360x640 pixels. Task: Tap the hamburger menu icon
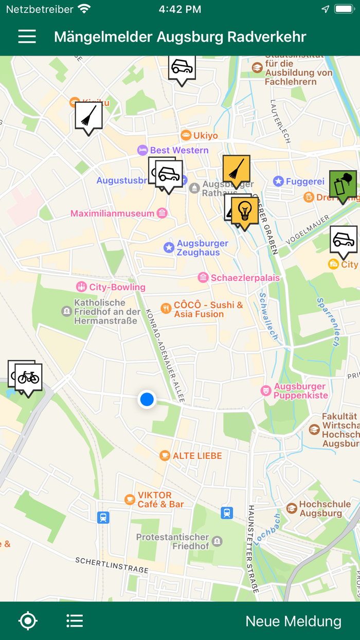pyautogui.click(x=27, y=37)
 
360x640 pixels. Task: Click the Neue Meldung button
pyautogui.click(x=293, y=621)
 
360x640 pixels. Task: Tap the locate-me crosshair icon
pyautogui.click(x=28, y=621)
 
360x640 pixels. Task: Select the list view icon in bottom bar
pyautogui.click(x=75, y=621)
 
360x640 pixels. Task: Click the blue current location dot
pyautogui.click(x=147, y=399)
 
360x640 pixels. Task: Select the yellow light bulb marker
pyautogui.click(x=245, y=211)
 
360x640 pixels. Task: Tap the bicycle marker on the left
pyautogui.click(x=28, y=378)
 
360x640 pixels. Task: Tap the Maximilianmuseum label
pyautogui.click(x=112, y=214)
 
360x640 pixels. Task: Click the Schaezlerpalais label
pyautogui.click(x=245, y=278)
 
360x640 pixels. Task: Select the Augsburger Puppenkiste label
pyautogui.click(x=300, y=391)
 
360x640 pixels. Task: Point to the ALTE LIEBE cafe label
pyautogui.click(x=197, y=456)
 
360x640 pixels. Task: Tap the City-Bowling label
pyautogui.click(x=117, y=287)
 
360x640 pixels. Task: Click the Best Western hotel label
pyautogui.click(x=179, y=150)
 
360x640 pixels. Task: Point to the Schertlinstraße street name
pyautogui.click(x=112, y=564)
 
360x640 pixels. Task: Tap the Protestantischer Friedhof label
pyautogui.click(x=172, y=541)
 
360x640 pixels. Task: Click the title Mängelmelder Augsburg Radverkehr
pyautogui.click(x=180, y=37)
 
